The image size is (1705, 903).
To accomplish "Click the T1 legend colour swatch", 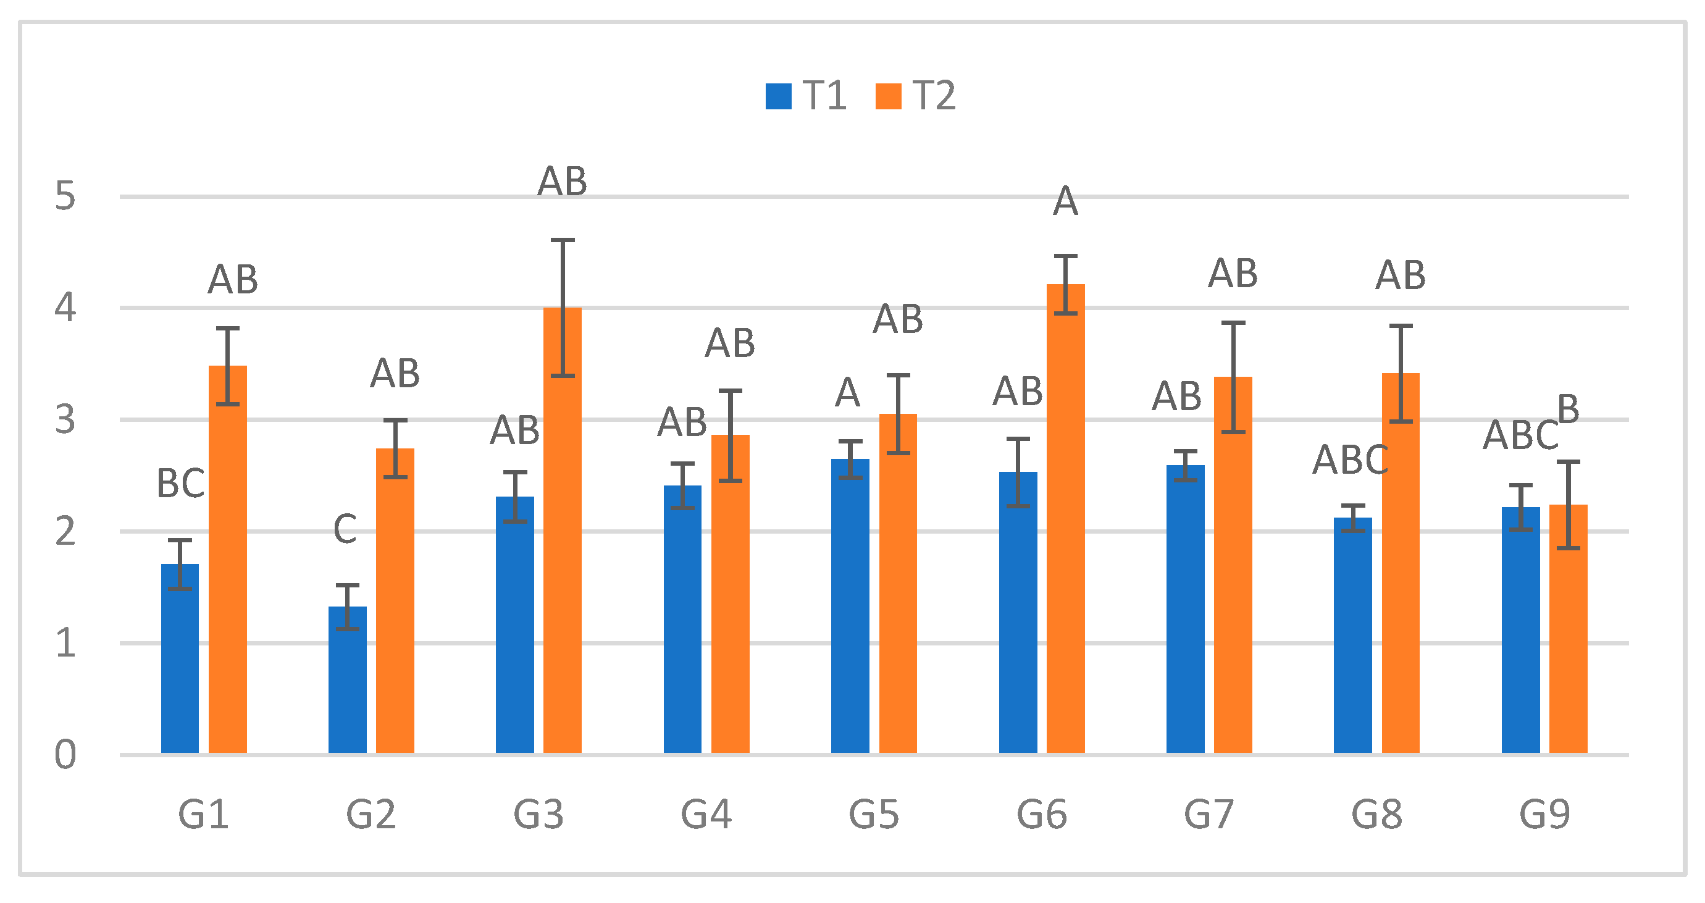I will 778,96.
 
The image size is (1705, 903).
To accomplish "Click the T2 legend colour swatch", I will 888,96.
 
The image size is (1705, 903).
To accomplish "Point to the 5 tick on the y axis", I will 65,196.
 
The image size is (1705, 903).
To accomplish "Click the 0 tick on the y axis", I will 65,755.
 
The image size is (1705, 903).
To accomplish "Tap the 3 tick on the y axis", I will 65,420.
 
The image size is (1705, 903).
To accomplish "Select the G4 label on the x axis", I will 706,814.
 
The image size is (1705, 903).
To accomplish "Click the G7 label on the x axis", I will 1209,814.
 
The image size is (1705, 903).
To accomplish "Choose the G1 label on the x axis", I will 203,814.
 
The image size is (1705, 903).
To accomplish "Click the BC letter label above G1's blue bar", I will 180,483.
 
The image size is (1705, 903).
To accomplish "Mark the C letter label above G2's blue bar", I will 345,529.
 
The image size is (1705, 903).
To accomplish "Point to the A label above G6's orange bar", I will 1066,201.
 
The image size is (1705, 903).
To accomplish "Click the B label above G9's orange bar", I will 1568,408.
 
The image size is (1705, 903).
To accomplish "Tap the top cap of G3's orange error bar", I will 563,240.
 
